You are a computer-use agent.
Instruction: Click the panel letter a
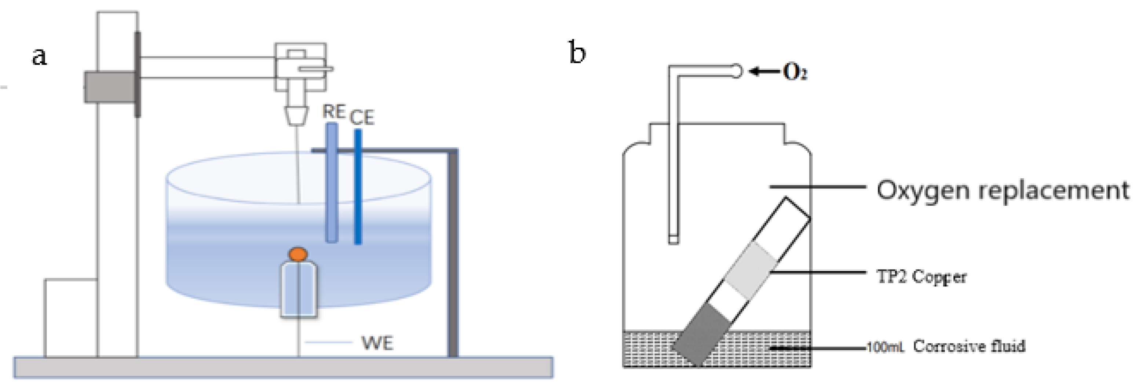click(x=39, y=56)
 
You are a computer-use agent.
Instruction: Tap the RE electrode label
click(x=334, y=112)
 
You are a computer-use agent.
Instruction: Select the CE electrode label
click(x=362, y=118)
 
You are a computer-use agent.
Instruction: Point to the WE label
click(x=377, y=343)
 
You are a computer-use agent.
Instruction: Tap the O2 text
click(x=795, y=72)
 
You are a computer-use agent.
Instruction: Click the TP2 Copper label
click(x=921, y=277)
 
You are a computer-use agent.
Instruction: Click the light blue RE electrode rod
click(x=332, y=183)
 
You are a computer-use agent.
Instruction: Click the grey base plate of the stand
click(x=283, y=367)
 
